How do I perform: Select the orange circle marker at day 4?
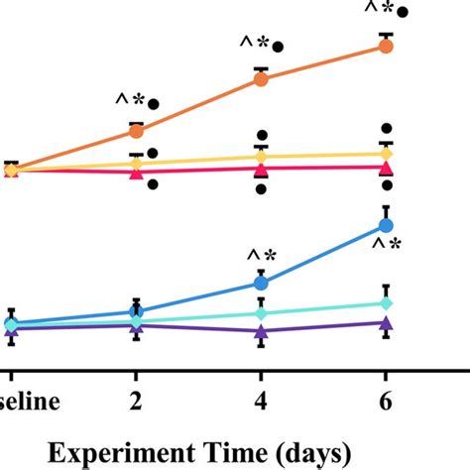261,79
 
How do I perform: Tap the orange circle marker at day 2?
136,130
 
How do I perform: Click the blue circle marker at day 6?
387,225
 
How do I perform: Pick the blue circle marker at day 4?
261,284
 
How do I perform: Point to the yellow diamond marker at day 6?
387,155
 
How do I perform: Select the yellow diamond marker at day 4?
261,158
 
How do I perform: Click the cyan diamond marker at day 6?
387,302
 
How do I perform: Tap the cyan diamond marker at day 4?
261,313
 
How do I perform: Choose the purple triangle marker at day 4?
261,332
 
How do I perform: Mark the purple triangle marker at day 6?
387,323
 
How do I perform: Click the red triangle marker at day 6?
387,169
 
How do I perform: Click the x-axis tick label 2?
136,405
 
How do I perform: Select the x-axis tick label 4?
261,405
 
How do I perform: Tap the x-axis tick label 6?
387,405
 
